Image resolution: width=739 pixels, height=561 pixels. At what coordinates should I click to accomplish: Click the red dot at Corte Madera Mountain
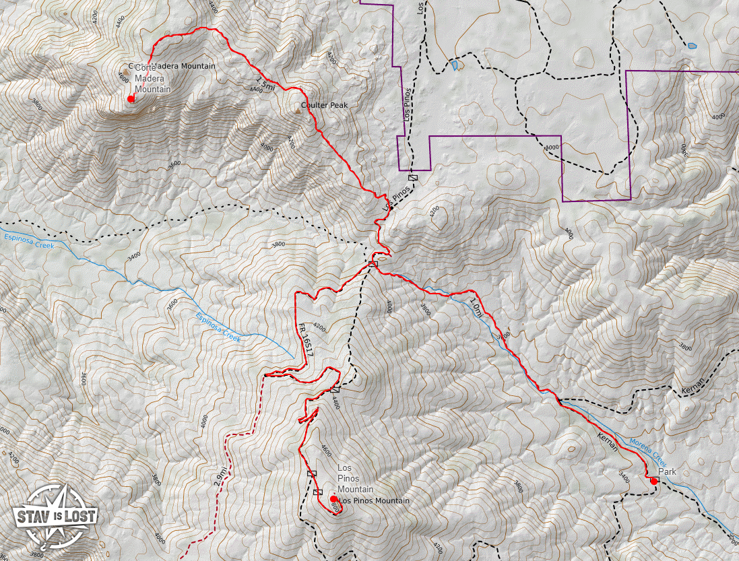tap(131, 99)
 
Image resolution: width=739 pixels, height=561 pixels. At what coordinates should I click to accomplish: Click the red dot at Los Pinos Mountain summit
tap(333, 499)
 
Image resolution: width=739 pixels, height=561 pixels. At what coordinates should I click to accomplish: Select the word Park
tap(667, 471)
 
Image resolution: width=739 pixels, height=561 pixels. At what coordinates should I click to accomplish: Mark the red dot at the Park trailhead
tap(653, 481)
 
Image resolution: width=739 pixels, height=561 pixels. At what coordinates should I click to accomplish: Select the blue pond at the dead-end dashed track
tap(692, 46)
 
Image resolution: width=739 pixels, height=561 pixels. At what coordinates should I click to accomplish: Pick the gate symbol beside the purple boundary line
tap(413, 178)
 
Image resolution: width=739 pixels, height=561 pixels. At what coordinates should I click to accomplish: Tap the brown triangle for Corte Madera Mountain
tap(125, 71)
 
